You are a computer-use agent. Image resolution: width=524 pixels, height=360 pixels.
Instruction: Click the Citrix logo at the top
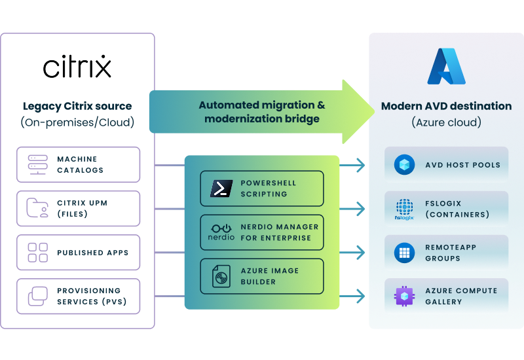(x=77, y=67)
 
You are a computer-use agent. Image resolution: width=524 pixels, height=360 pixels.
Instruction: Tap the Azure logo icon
(x=446, y=67)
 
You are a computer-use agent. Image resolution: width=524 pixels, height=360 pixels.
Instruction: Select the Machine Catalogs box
(x=78, y=164)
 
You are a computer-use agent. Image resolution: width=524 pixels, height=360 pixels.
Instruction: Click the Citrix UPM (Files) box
(x=78, y=208)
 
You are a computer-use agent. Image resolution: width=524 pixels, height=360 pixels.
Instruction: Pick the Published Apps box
(x=78, y=252)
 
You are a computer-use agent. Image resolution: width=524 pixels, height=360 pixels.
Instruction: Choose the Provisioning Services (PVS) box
(x=78, y=296)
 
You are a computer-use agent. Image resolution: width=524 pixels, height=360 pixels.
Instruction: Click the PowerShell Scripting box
(x=262, y=189)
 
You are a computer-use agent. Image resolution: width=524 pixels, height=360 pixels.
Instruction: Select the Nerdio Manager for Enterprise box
(x=262, y=232)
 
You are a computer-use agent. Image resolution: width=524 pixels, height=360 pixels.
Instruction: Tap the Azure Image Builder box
(x=262, y=276)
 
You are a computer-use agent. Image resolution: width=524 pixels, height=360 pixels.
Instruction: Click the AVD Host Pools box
(x=446, y=165)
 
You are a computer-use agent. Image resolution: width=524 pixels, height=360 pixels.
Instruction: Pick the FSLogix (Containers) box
(x=446, y=209)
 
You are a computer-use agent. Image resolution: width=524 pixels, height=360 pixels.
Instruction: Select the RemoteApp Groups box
(x=446, y=253)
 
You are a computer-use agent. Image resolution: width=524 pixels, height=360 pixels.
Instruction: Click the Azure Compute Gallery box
(x=446, y=297)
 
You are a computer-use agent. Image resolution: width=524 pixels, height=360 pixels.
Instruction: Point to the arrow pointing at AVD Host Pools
(x=354, y=166)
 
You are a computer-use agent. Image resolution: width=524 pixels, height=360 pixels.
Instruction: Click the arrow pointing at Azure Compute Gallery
(x=354, y=297)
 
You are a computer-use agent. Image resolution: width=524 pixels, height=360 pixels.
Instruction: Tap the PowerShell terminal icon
(x=221, y=189)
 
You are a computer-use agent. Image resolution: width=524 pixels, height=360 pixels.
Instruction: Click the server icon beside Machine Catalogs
(x=37, y=164)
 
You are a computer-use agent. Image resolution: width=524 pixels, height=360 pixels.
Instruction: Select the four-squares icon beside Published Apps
(x=37, y=252)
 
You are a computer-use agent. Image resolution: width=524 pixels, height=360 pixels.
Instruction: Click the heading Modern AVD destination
(x=446, y=106)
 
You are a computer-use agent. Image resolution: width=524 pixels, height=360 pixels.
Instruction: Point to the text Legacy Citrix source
(x=77, y=106)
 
